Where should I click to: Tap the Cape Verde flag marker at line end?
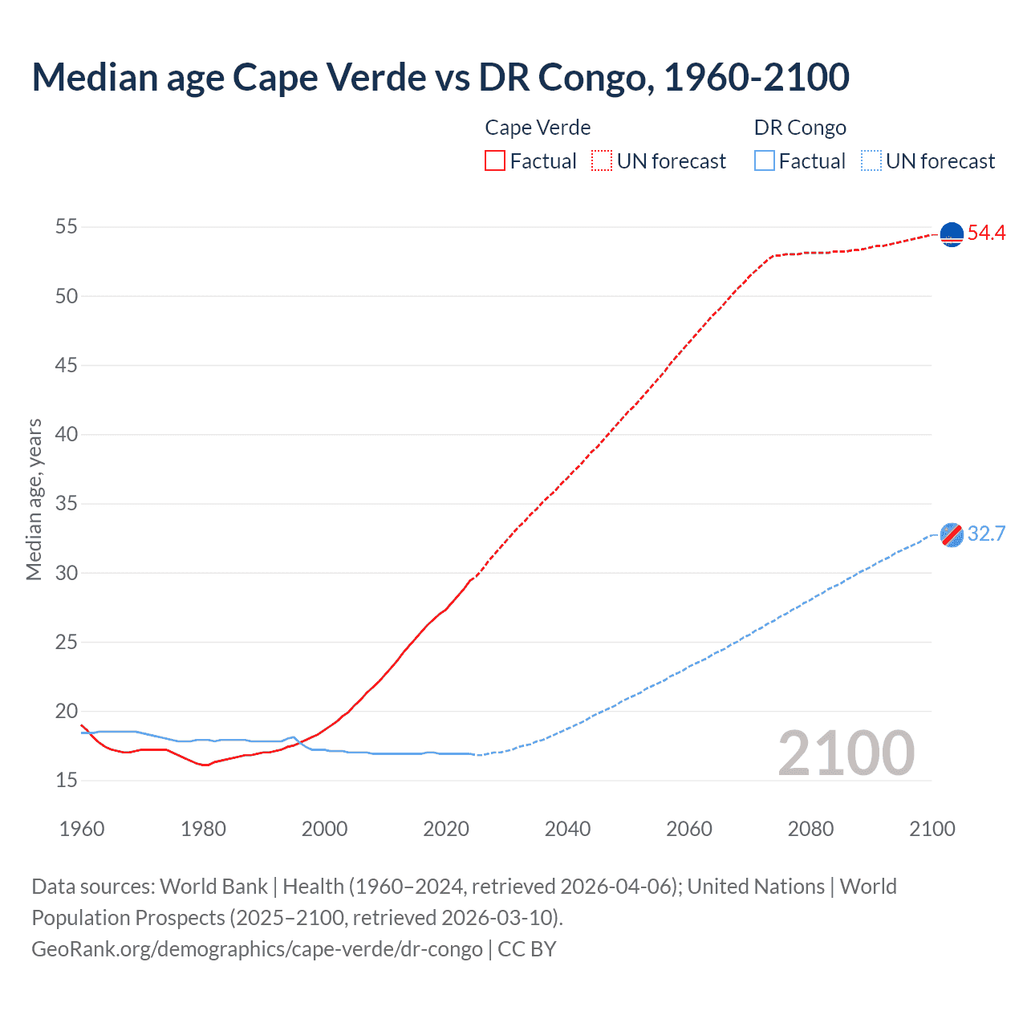point(952,234)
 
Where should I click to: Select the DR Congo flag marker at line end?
point(952,535)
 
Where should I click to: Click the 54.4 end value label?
point(986,233)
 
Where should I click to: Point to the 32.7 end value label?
point(986,534)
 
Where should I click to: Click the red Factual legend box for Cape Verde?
point(495,161)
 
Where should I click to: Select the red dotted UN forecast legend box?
point(602,161)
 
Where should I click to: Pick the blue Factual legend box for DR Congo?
point(765,161)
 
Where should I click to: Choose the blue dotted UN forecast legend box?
point(871,161)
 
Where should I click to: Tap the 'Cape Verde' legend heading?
point(538,128)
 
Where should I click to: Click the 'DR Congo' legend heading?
point(800,128)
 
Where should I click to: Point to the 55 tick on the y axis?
point(67,227)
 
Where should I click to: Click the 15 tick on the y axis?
point(67,780)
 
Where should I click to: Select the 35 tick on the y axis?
point(67,504)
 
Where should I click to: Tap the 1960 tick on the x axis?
point(82,829)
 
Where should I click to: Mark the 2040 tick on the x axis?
point(567,829)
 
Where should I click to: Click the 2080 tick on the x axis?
point(810,829)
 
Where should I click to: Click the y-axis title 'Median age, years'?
point(34,499)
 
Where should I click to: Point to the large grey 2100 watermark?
point(846,753)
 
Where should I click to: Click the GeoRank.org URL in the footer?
point(257,949)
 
